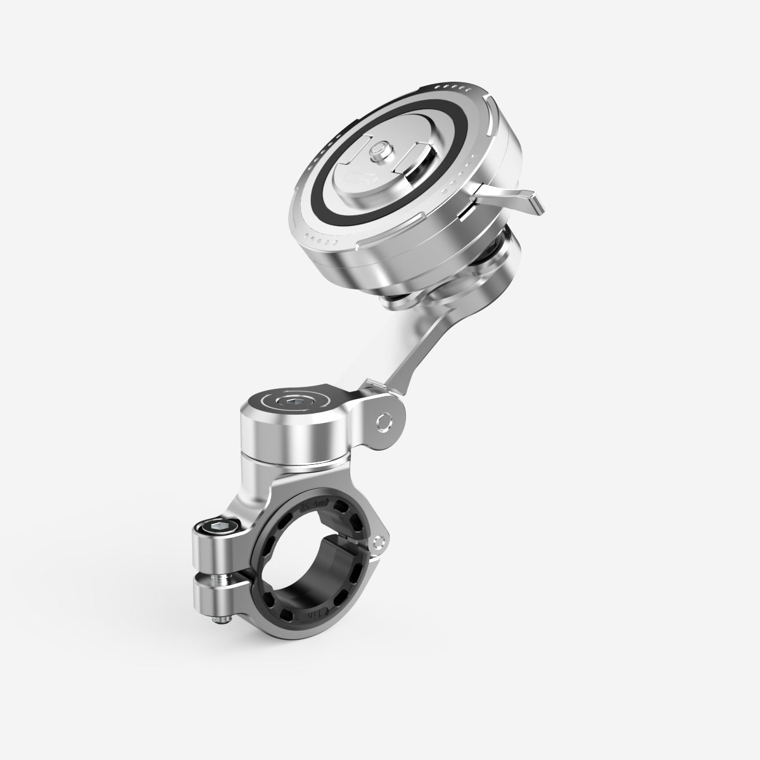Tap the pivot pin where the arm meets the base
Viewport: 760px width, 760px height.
(382, 421)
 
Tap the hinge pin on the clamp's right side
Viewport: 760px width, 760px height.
(379, 541)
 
